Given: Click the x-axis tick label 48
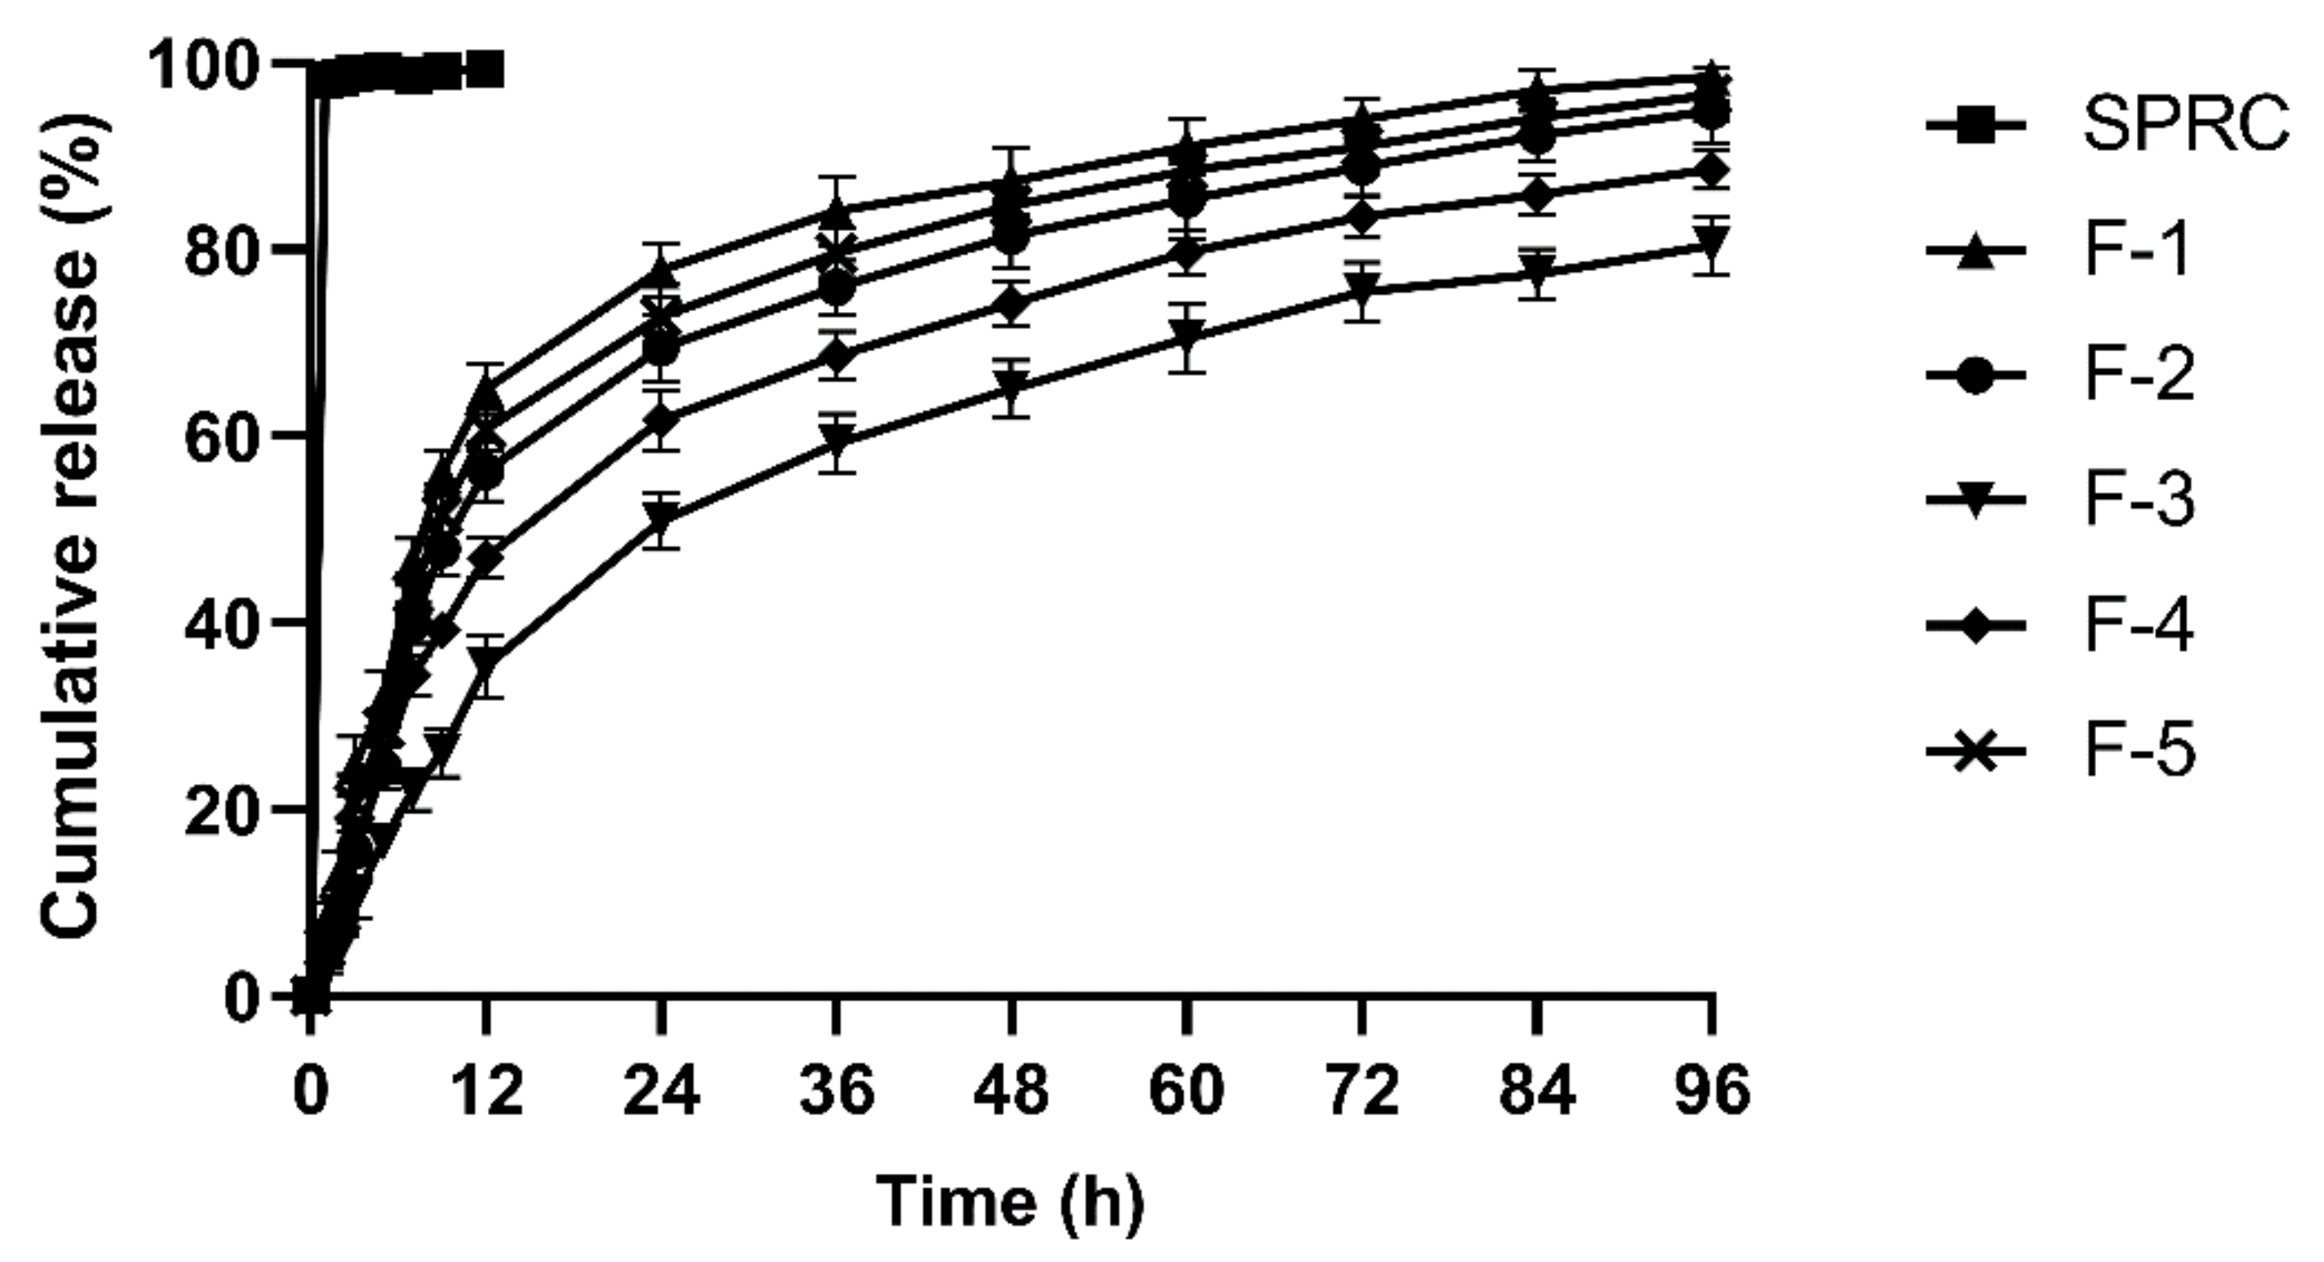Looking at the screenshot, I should click(1012, 1090).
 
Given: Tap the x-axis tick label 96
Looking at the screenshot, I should click(1711, 1090).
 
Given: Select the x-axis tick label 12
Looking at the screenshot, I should click(485, 1090).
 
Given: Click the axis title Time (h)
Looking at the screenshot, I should click(1011, 1202).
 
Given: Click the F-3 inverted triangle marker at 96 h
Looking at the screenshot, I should click(1711, 242).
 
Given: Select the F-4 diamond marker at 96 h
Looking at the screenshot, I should click(1711, 170).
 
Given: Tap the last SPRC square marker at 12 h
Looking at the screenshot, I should click(485, 69).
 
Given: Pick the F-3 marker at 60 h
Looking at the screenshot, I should click(1187, 337).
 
